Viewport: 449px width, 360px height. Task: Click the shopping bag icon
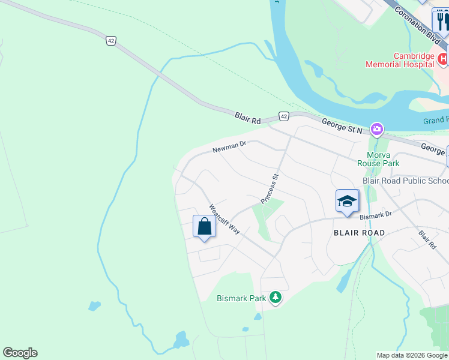(x=204, y=227)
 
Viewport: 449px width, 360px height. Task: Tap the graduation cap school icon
(x=347, y=201)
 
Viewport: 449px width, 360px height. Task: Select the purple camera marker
(x=377, y=128)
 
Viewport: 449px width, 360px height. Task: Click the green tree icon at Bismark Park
(x=276, y=297)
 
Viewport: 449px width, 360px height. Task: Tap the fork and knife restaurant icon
(x=442, y=22)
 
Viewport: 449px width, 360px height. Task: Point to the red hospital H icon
(x=443, y=59)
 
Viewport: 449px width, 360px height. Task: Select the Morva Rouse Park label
(x=378, y=158)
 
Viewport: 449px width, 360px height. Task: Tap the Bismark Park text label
(x=241, y=298)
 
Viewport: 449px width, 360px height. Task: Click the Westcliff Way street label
(x=224, y=220)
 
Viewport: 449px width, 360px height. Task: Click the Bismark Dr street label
(x=377, y=214)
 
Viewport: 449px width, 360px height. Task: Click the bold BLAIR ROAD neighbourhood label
(x=359, y=232)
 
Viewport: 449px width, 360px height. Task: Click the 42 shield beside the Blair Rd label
(x=284, y=116)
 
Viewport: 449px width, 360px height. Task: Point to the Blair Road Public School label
(x=406, y=181)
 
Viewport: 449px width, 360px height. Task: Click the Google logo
(x=20, y=353)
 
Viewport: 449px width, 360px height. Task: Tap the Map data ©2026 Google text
(x=412, y=355)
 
